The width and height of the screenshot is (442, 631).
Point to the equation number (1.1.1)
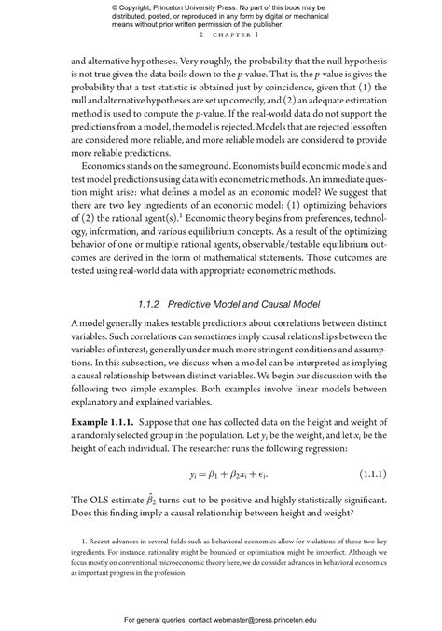click(x=378, y=474)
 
